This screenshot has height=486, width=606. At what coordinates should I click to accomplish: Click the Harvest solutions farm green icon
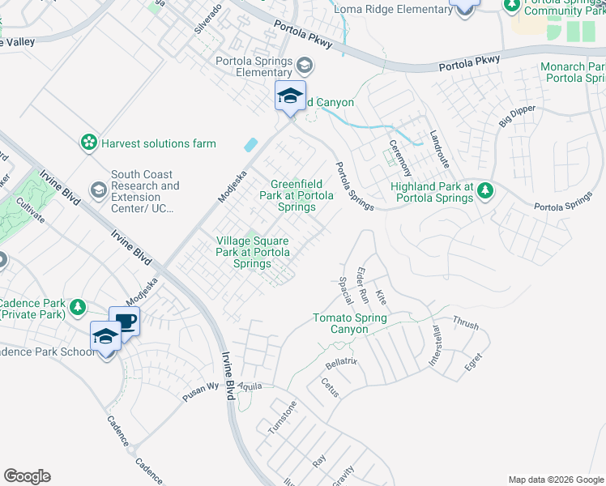coord(87,143)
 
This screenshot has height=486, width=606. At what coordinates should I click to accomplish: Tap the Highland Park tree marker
coord(484,190)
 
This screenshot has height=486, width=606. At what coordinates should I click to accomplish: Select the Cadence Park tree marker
coord(77,307)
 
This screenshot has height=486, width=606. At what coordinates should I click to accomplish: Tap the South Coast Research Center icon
coord(98,190)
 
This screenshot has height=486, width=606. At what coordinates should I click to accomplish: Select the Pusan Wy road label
coord(201,386)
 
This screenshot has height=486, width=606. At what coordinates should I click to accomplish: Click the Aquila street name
coord(250,386)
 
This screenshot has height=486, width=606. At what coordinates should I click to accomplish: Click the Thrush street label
coord(466,324)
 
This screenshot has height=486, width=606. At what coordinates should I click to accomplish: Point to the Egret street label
coord(474,359)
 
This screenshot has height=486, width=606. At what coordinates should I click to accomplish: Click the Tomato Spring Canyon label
coord(351,323)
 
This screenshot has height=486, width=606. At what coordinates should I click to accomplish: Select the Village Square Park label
coord(253,252)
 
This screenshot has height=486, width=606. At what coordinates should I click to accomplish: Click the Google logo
coord(27,476)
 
